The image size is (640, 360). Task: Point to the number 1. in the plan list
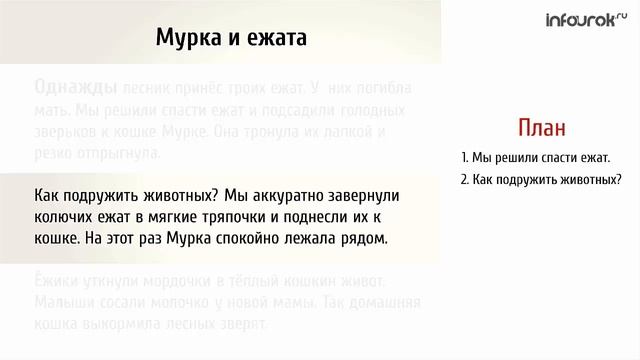pyautogui.click(x=466, y=158)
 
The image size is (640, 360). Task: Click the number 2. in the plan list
pyautogui.click(x=466, y=180)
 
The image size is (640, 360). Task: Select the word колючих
pyautogui.click(x=67, y=217)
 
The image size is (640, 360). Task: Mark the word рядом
pyautogui.click(x=363, y=240)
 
